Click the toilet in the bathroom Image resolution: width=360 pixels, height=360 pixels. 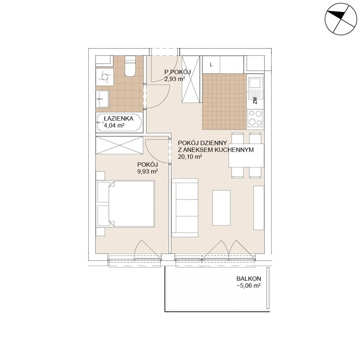click(130, 66)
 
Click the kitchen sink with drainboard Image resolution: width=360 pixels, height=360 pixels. click(255, 87)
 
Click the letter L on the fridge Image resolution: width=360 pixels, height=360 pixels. click(211, 65)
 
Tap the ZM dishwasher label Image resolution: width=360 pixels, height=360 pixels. click(255, 100)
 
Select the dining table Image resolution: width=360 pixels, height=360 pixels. click(246, 156)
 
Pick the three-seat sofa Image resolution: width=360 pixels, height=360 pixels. click(185, 208)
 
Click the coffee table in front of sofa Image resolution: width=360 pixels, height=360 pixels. click(221, 208)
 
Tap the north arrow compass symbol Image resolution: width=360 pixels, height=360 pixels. click(341, 19)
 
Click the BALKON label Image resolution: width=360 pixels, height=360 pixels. click(249, 279)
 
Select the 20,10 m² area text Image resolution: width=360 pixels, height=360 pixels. click(190, 157)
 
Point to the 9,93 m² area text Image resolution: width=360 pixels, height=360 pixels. click(147, 171)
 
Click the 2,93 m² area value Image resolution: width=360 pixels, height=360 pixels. click(175, 79)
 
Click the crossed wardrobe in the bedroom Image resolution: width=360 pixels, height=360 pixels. click(120, 145)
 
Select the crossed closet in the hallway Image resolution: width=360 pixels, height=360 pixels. click(191, 79)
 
